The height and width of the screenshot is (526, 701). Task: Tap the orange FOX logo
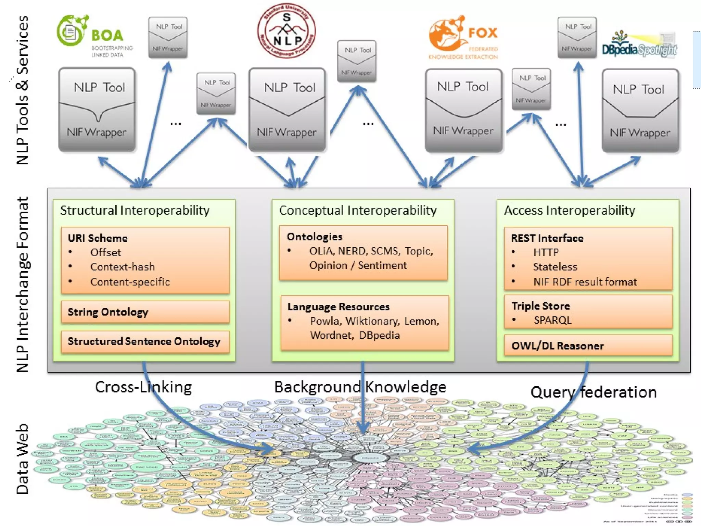[463, 37]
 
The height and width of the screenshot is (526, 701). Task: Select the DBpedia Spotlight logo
[639, 46]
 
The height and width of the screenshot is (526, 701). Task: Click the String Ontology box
[145, 312]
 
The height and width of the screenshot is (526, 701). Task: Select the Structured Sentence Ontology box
[145, 341]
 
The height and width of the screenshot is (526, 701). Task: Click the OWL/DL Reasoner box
[588, 346]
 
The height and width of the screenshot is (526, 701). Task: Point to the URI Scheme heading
[98, 238]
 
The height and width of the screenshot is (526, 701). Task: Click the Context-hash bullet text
[122, 267]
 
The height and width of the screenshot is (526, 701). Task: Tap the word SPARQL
[552, 320]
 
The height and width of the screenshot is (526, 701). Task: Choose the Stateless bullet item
[555, 267]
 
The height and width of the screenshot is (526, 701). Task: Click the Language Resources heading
[338, 306]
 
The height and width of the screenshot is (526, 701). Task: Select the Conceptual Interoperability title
[358, 210]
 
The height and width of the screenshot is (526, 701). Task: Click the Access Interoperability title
[569, 210]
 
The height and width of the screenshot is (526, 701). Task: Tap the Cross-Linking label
[143, 387]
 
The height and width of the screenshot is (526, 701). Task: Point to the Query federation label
[593, 392]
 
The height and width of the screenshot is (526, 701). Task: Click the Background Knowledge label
[360, 387]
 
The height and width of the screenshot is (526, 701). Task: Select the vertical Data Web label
[23, 459]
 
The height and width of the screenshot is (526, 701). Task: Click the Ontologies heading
[314, 237]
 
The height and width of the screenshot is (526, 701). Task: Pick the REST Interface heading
[547, 238]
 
